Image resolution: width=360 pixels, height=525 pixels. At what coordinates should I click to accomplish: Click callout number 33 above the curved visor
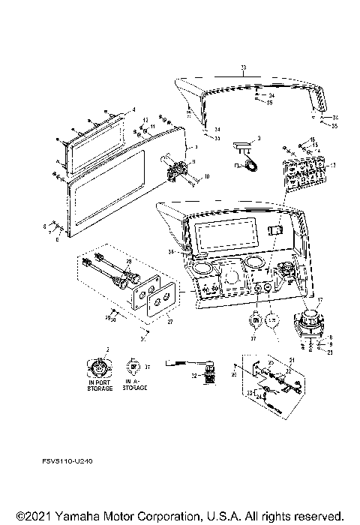click(243, 68)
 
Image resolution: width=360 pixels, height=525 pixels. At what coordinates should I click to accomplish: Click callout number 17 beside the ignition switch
click(318, 299)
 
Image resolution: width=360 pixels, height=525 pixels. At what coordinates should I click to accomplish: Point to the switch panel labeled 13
click(304, 177)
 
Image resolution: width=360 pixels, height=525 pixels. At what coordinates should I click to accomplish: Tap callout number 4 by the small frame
click(134, 110)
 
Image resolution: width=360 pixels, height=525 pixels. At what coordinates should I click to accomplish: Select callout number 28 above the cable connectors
click(128, 261)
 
